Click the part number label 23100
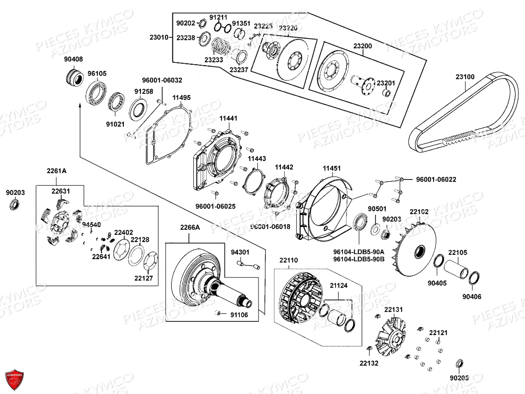click(x=465, y=77)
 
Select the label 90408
click(x=73, y=59)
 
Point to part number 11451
click(x=332, y=168)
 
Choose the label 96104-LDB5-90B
click(x=358, y=259)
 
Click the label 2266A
click(x=189, y=227)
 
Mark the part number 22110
click(x=288, y=260)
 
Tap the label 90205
click(x=459, y=377)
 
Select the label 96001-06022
click(x=436, y=179)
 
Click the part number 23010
click(x=159, y=38)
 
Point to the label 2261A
click(x=57, y=171)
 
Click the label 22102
click(x=419, y=211)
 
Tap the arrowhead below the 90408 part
click(x=80, y=105)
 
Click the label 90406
click(x=472, y=297)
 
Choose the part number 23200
click(x=363, y=46)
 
